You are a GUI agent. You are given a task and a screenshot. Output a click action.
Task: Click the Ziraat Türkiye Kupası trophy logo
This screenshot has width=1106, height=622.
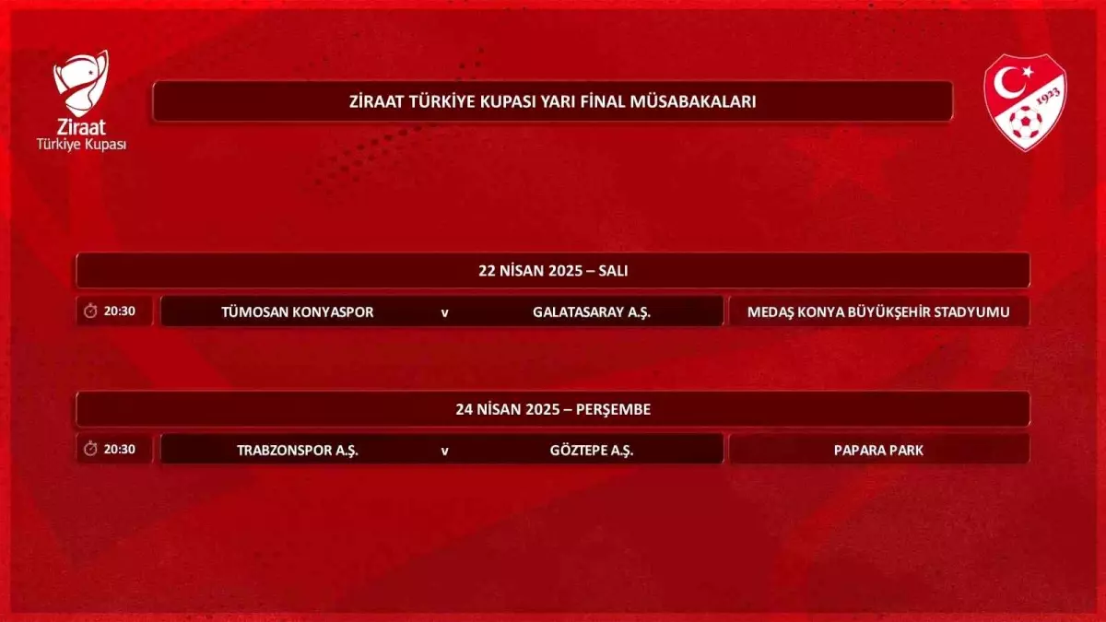pyautogui.click(x=81, y=85)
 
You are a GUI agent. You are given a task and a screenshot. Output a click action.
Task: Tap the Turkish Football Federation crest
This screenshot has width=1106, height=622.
pyautogui.click(x=1025, y=101)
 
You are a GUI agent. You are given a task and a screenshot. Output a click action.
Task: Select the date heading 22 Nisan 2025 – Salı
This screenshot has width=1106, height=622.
pyautogui.click(x=553, y=271)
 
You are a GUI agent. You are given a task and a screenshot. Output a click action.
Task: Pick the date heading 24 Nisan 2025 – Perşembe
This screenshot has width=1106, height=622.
pyautogui.click(x=553, y=409)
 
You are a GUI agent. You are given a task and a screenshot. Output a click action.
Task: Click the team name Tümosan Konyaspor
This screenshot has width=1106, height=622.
pyautogui.click(x=298, y=311)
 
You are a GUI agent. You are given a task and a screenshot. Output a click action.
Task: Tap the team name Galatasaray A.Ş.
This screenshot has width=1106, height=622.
pyautogui.click(x=592, y=311)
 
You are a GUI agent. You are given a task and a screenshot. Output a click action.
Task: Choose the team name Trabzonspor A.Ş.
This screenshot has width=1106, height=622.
pyautogui.click(x=298, y=451)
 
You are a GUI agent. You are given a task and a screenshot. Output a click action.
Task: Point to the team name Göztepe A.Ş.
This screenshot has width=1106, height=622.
pyautogui.click(x=592, y=451)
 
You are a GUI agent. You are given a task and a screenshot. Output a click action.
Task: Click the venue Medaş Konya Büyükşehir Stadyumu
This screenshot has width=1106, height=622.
pyautogui.click(x=878, y=311)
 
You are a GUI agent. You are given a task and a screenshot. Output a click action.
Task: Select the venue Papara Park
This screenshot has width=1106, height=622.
pyautogui.click(x=878, y=451)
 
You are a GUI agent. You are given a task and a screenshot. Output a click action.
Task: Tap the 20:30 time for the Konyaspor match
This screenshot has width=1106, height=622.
pyautogui.click(x=120, y=311)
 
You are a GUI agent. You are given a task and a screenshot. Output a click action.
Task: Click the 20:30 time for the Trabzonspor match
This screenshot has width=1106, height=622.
pyautogui.click(x=120, y=450)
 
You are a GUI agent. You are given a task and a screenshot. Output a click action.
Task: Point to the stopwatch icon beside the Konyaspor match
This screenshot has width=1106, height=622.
pyautogui.click(x=90, y=311)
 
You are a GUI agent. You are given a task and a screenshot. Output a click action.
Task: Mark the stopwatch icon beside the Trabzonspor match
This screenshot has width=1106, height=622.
pyautogui.click(x=90, y=450)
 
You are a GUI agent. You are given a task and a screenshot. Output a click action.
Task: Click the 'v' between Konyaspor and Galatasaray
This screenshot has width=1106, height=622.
pyautogui.click(x=444, y=312)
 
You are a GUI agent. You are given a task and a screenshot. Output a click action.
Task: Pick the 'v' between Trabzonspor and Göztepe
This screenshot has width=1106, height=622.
pyautogui.click(x=444, y=452)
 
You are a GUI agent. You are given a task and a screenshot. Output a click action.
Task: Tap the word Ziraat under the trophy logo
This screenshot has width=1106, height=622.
pyautogui.click(x=81, y=128)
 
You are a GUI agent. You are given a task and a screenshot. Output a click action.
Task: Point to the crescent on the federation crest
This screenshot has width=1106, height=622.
pyautogui.click(x=1006, y=82)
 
